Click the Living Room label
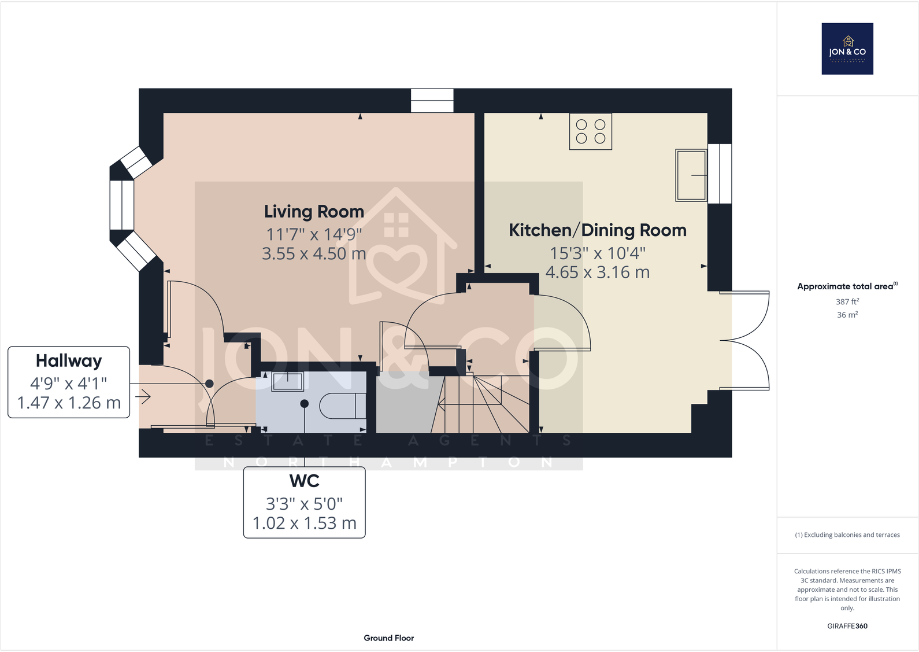point(314,212)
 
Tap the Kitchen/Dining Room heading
point(597,230)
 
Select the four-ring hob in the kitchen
point(590,132)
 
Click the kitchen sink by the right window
point(691,175)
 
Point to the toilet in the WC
point(343,406)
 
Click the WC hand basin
point(287,382)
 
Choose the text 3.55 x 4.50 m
point(314,254)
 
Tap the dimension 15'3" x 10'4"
point(597,253)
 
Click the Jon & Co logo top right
point(847,49)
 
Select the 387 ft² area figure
point(847,301)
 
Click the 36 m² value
point(847,315)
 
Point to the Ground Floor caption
point(388,638)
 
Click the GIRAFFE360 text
point(847,626)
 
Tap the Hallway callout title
point(69,361)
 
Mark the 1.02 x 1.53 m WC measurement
point(304,523)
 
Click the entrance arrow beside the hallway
point(143,397)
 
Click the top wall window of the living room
point(432,101)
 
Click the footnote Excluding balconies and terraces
point(847,535)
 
